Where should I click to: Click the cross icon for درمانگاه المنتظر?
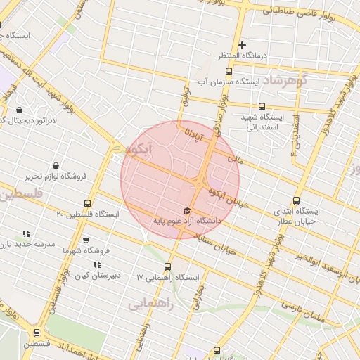[x=242, y=45]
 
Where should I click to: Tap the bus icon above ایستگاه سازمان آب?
[x=228, y=71]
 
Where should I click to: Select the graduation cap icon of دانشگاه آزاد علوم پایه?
[x=187, y=211]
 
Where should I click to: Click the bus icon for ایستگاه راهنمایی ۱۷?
[x=167, y=266]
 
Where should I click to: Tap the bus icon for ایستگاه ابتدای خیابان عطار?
[x=296, y=200]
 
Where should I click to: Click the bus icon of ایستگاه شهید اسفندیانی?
[x=260, y=105]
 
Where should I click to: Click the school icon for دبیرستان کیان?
[x=97, y=264]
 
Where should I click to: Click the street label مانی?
[x=234, y=160]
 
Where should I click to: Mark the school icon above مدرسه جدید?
[x=26, y=233]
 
